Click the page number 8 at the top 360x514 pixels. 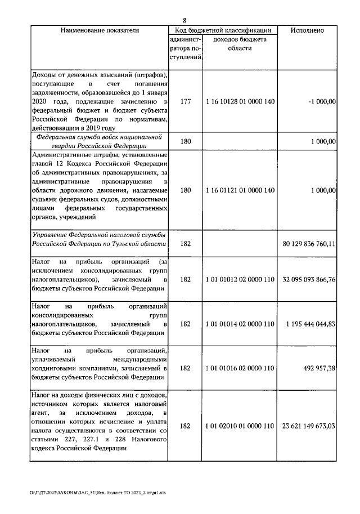point(184,21)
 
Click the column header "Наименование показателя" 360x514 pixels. point(99,30)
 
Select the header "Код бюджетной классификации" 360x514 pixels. point(223,30)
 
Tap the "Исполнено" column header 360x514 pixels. point(307,30)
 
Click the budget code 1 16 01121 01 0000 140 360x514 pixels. point(240,190)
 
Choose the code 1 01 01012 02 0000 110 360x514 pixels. point(240,279)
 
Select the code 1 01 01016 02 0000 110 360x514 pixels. point(240,368)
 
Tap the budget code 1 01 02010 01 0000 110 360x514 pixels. point(240,427)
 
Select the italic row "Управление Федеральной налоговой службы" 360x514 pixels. point(99,239)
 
